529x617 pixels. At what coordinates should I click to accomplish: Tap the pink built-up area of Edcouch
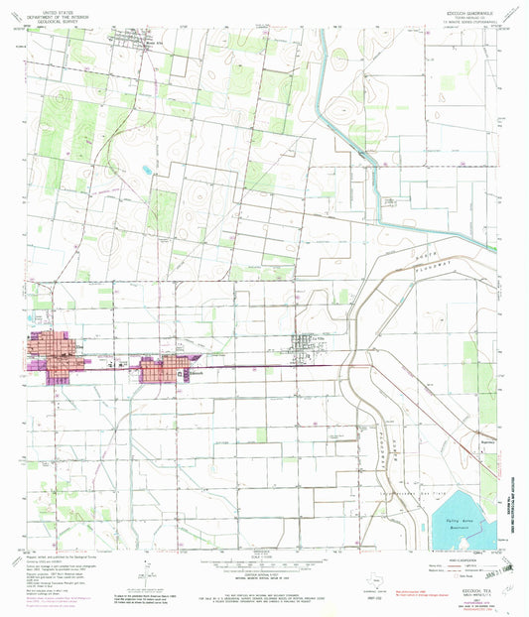(159, 370)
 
